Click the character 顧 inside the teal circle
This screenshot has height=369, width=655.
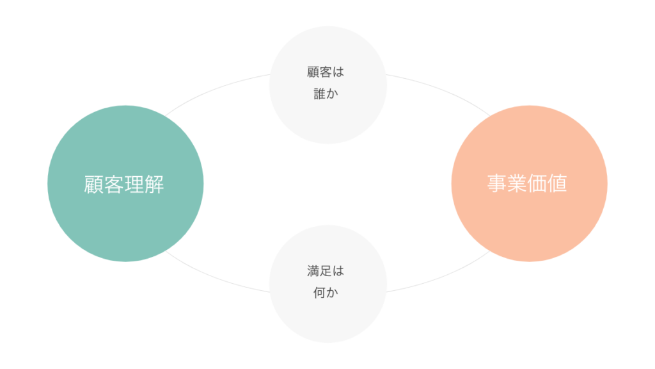coord(94,184)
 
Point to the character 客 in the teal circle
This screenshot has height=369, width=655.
coord(114,184)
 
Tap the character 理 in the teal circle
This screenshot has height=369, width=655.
coord(134,184)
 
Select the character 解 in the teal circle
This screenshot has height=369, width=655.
coord(154,184)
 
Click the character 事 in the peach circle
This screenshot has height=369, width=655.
coord(498,184)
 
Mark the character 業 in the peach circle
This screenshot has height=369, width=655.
coord(518,184)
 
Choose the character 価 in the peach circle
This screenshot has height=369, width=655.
coord(538,184)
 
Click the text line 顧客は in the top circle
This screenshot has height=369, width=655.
coord(326,72)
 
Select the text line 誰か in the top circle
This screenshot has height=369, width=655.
coord(326,94)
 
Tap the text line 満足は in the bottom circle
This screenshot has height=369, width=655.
coord(326,271)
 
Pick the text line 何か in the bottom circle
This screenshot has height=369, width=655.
coord(326,293)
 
